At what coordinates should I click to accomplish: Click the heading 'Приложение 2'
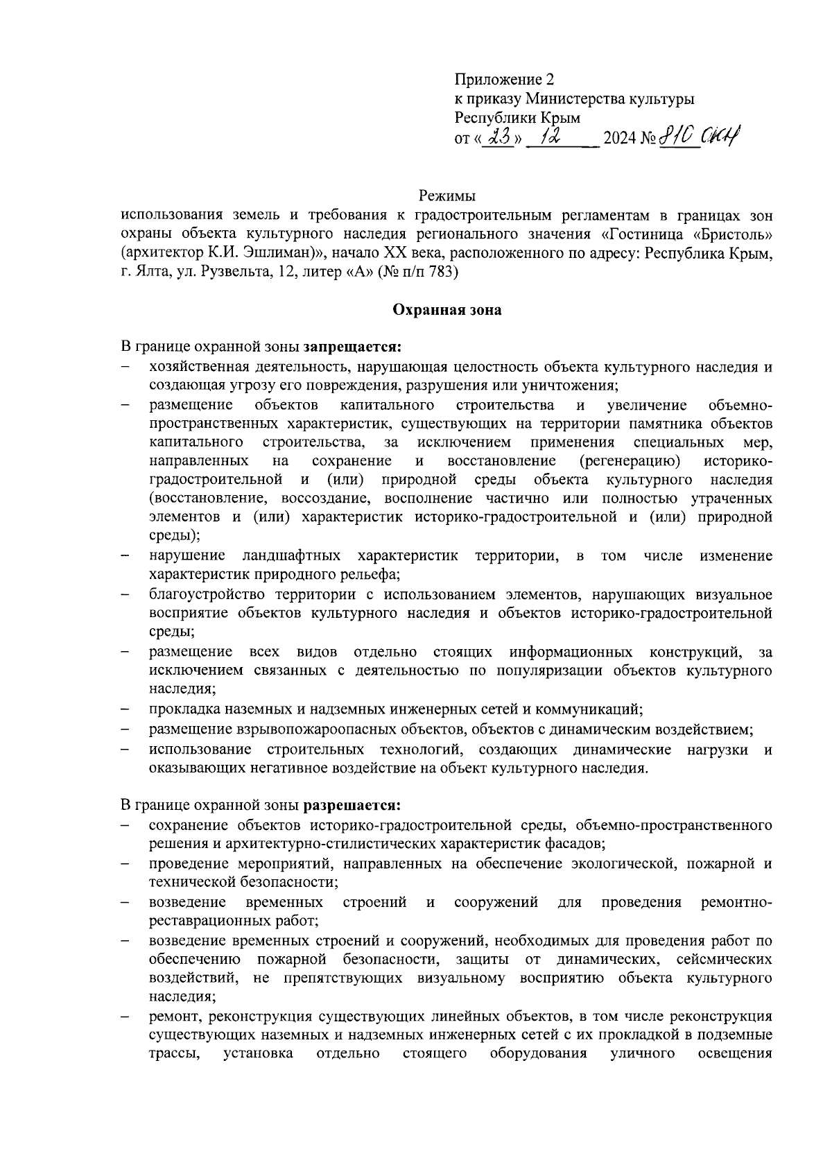(505, 80)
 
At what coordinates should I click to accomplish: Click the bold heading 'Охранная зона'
(447, 310)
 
